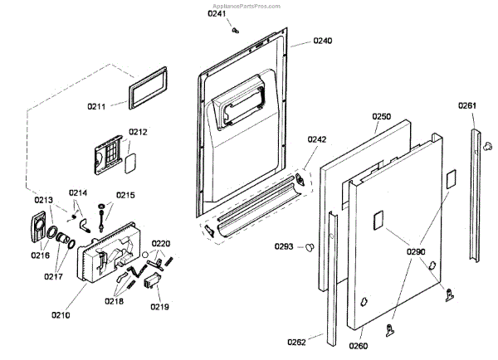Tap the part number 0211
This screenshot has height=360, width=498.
(97, 106)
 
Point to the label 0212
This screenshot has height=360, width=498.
(138, 132)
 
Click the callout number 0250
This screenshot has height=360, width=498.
(381, 117)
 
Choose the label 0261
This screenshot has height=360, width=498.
(467, 105)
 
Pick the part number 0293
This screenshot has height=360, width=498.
(285, 246)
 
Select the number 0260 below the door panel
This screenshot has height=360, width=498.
(358, 345)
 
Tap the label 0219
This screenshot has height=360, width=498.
(159, 307)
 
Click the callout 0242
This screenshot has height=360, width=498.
(317, 140)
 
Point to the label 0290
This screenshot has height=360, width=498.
(416, 250)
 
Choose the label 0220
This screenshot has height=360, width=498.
(160, 244)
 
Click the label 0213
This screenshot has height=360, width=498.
(43, 199)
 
